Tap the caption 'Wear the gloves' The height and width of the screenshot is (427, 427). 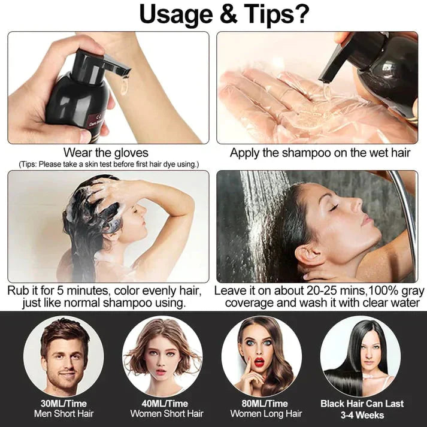pyautogui.click(x=106, y=153)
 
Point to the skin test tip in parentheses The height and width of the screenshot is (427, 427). pyautogui.click(x=108, y=164)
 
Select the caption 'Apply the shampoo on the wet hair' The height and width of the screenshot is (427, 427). pyautogui.click(x=320, y=153)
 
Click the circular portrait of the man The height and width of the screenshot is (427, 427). pyautogui.click(x=63, y=356)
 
